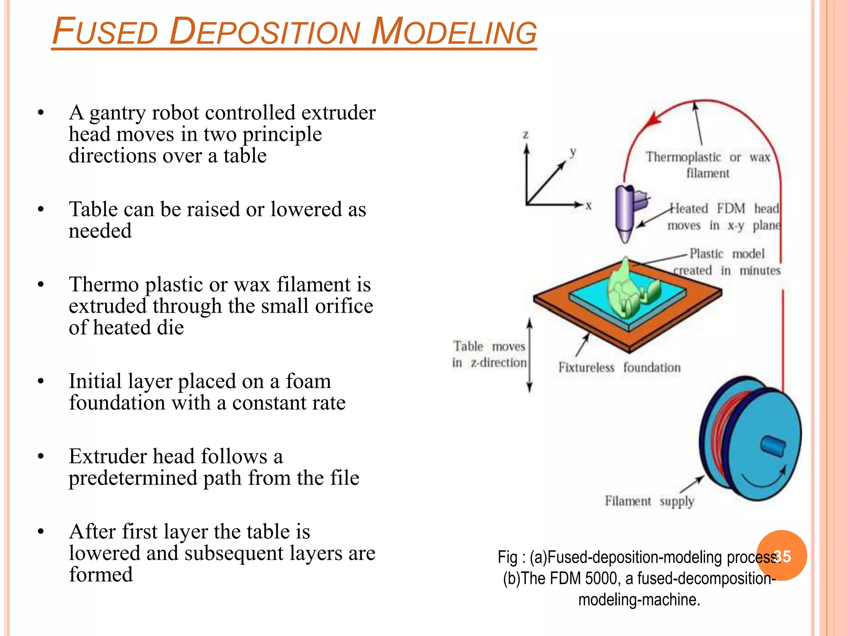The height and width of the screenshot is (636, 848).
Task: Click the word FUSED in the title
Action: click(105, 32)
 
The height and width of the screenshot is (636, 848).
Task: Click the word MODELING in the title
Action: click(454, 32)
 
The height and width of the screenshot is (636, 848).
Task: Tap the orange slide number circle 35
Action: click(782, 556)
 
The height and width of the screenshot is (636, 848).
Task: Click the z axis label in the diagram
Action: click(525, 135)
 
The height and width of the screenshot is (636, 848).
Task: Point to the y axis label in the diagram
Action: click(573, 152)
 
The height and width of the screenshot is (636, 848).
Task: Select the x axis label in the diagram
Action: click(588, 205)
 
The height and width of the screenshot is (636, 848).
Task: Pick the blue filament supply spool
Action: click(749, 439)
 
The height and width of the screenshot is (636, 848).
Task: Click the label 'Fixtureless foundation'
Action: click(619, 368)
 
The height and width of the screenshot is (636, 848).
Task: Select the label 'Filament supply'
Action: click(649, 501)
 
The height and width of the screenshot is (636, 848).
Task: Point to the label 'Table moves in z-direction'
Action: click(489, 354)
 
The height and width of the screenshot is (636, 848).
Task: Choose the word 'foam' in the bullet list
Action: click(308, 381)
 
